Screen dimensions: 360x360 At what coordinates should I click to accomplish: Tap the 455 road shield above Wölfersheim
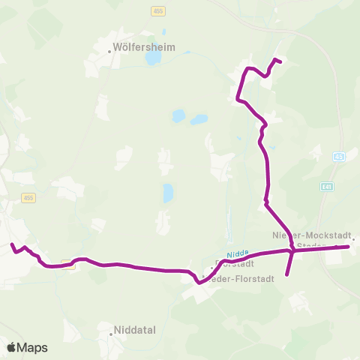(x=157, y=11)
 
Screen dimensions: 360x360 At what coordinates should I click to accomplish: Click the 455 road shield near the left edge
(x=28, y=198)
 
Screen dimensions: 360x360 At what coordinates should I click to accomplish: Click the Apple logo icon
(x=12, y=347)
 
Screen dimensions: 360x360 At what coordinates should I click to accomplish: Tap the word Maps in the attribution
(x=33, y=347)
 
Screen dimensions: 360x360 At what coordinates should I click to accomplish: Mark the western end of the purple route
(x=11, y=244)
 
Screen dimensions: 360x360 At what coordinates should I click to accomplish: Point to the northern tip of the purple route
(x=279, y=60)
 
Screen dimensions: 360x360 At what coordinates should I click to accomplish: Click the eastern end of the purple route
(x=349, y=246)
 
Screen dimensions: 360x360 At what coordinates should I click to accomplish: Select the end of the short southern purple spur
(x=287, y=275)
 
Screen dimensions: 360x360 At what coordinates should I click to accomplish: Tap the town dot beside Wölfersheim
(x=109, y=46)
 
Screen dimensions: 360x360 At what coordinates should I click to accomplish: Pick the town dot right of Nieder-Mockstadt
(x=354, y=240)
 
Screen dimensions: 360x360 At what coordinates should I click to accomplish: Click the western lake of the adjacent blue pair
(x=178, y=116)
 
